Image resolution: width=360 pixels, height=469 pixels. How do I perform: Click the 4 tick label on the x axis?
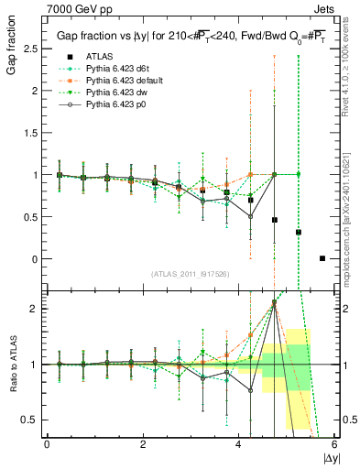pos(239,444)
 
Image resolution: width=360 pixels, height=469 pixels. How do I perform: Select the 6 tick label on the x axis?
pos(334,444)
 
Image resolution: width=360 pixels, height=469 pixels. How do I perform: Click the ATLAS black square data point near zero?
pos(322,258)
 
